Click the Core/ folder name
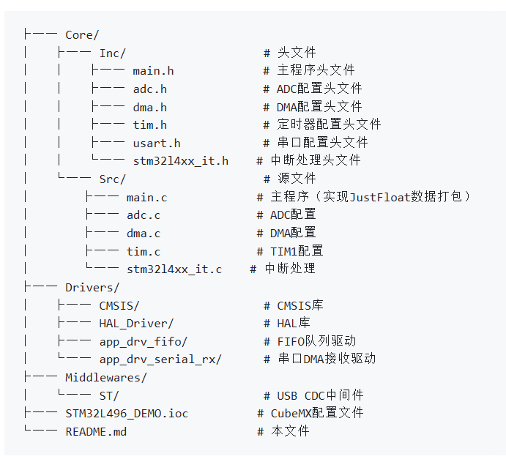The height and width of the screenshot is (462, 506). pyautogui.click(x=82, y=34)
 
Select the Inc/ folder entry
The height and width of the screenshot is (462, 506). pyautogui.click(x=113, y=53)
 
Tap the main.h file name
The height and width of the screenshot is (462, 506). pyautogui.click(x=153, y=71)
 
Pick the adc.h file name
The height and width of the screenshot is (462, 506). pyautogui.click(x=149, y=89)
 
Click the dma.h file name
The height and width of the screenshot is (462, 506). pyautogui.click(x=149, y=107)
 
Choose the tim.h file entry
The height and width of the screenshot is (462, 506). pyautogui.click(x=149, y=124)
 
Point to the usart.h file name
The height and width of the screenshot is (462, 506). pyautogui.click(x=157, y=143)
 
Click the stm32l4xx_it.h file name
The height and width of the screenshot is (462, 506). pyautogui.click(x=180, y=160)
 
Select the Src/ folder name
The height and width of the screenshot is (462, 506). pyautogui.click(x=113, y=179)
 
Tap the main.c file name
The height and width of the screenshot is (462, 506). pyautogui.click(x=146, y=197)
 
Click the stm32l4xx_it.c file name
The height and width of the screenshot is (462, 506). pyautogui.click(x=174, y=269)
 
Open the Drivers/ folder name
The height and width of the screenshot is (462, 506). pyautogui.click(x=92, y=287)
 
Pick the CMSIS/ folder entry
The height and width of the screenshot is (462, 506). pyautogui.click(x=119, y=305)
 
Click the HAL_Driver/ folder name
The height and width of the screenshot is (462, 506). pyautogui.click(x=136, y=323)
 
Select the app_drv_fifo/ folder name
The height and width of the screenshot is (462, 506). pyautogui.click(x=144, y=341)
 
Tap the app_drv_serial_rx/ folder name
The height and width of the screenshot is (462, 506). pyautogui.click(x=160, y=359)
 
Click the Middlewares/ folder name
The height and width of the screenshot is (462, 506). pyautogui.click(x=106, y=377)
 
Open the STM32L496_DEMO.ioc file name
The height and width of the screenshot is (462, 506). pyautogui.click(x=127, y=413)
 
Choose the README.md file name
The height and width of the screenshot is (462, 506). pyautogui.click(x=96, y=431)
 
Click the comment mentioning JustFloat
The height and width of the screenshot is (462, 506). pyautogui.click(x=363, y=197)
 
